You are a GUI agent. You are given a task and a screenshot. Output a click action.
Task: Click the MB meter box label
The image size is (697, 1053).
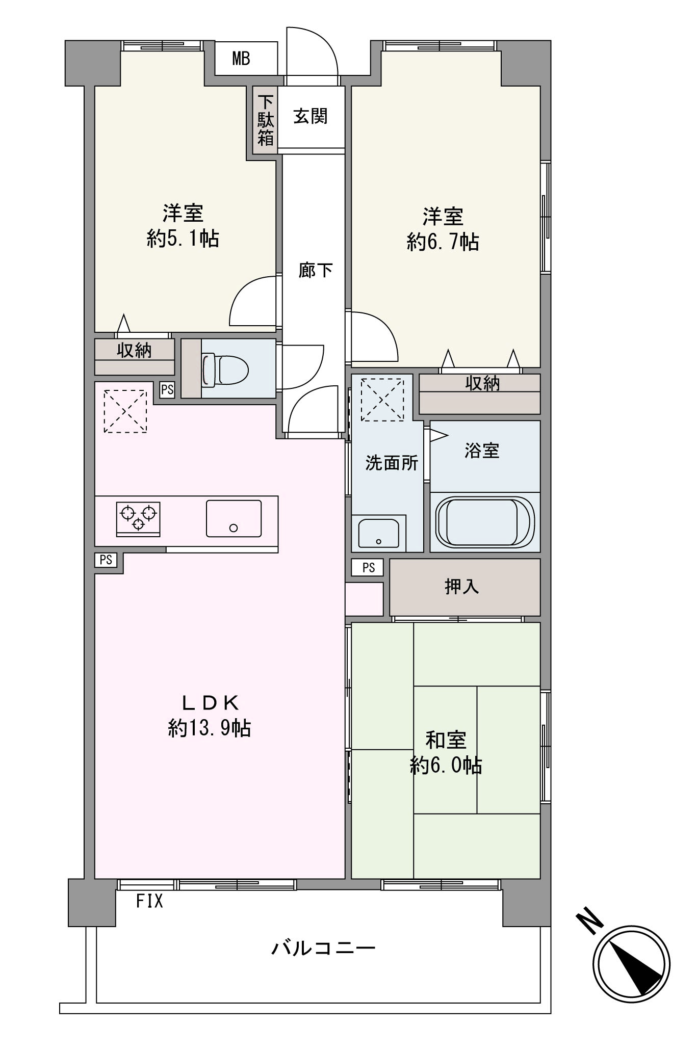click(241, 59)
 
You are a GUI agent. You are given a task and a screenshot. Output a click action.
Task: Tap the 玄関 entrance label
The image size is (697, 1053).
click(310, 117)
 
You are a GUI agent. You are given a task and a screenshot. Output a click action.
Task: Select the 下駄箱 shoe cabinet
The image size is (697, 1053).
click(265, 120)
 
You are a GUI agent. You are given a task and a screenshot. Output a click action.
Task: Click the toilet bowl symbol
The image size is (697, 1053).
click(225, 369)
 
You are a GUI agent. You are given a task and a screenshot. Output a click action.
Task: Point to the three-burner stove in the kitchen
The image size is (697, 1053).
click(138, 518)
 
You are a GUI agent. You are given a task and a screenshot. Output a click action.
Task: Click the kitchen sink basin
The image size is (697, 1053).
click(234, 518)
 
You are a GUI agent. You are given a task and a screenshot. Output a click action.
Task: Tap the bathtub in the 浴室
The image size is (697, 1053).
click(484, 522)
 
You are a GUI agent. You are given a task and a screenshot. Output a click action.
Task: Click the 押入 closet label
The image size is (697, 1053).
click(462, 587)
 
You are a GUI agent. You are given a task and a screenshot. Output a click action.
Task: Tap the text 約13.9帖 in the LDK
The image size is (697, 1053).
click(209, 728)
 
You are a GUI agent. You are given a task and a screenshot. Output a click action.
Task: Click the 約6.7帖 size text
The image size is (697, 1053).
click(443, 242)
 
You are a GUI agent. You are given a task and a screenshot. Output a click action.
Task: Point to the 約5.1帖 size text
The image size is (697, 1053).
click(183, 239)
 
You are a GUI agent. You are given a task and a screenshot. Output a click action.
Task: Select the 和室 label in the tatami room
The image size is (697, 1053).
click(446, 740)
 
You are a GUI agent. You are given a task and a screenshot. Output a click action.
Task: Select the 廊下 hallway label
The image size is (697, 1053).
click(315, 270)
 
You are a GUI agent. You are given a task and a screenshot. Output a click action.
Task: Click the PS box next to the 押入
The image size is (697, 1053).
click(368, 567)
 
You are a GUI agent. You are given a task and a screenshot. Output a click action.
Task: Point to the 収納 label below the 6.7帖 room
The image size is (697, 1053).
click(482, 383)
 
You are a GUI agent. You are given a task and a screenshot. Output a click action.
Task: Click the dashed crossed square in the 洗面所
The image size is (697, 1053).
click(382, 399)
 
